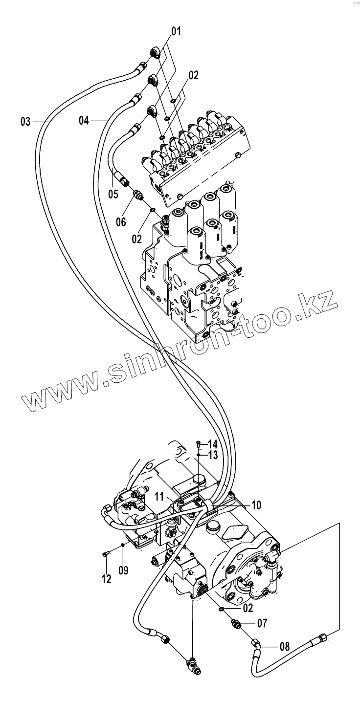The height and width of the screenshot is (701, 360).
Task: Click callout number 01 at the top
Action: [x=176, y=32]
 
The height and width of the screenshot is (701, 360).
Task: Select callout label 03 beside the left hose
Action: [x=25, y=121]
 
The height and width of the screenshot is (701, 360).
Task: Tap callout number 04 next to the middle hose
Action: [x=84, y=120]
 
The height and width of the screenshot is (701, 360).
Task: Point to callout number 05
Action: [x=113, y=194]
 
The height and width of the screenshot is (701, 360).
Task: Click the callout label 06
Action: [x=121, y=222]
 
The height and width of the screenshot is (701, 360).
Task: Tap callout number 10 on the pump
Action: [x=257, y=504]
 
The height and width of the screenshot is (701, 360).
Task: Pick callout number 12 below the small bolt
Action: [x=106, y=579]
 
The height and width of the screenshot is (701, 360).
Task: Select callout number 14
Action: [x=212, y=444]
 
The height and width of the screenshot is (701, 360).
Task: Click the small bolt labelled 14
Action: [x=198, y=444]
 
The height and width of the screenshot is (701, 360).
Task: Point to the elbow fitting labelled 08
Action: [x=256, y=645]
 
